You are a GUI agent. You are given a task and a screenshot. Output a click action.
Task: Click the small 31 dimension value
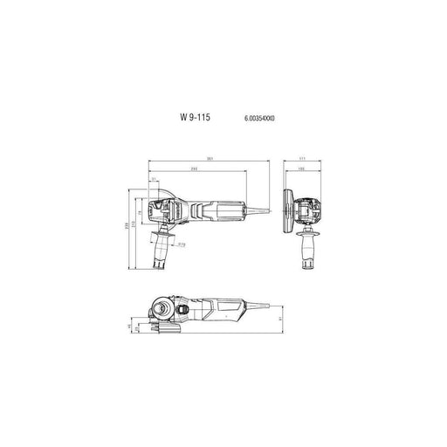155,180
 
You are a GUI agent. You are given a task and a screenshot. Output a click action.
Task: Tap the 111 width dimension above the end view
302,159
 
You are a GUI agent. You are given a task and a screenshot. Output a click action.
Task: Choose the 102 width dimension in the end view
301,168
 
